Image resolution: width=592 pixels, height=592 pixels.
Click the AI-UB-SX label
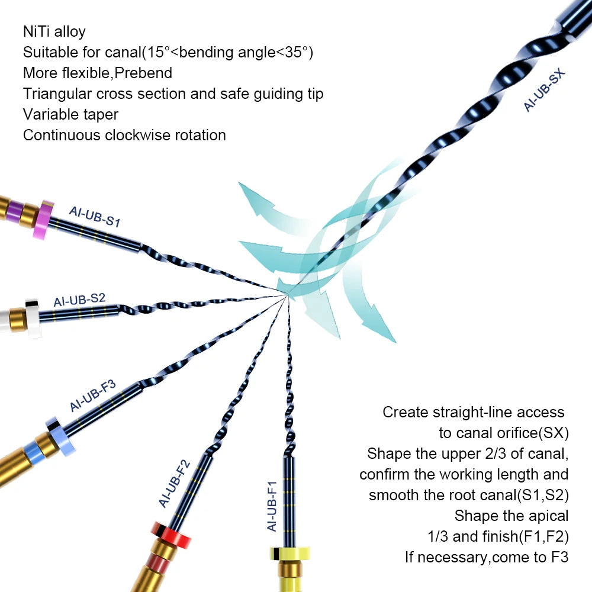[545, 91]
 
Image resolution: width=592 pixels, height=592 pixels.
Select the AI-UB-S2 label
[79, 299]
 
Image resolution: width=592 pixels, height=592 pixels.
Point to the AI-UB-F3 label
[92, 396]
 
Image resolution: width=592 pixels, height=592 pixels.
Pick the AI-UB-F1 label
[272, 506]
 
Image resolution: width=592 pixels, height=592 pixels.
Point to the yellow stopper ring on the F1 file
[291, 554]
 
